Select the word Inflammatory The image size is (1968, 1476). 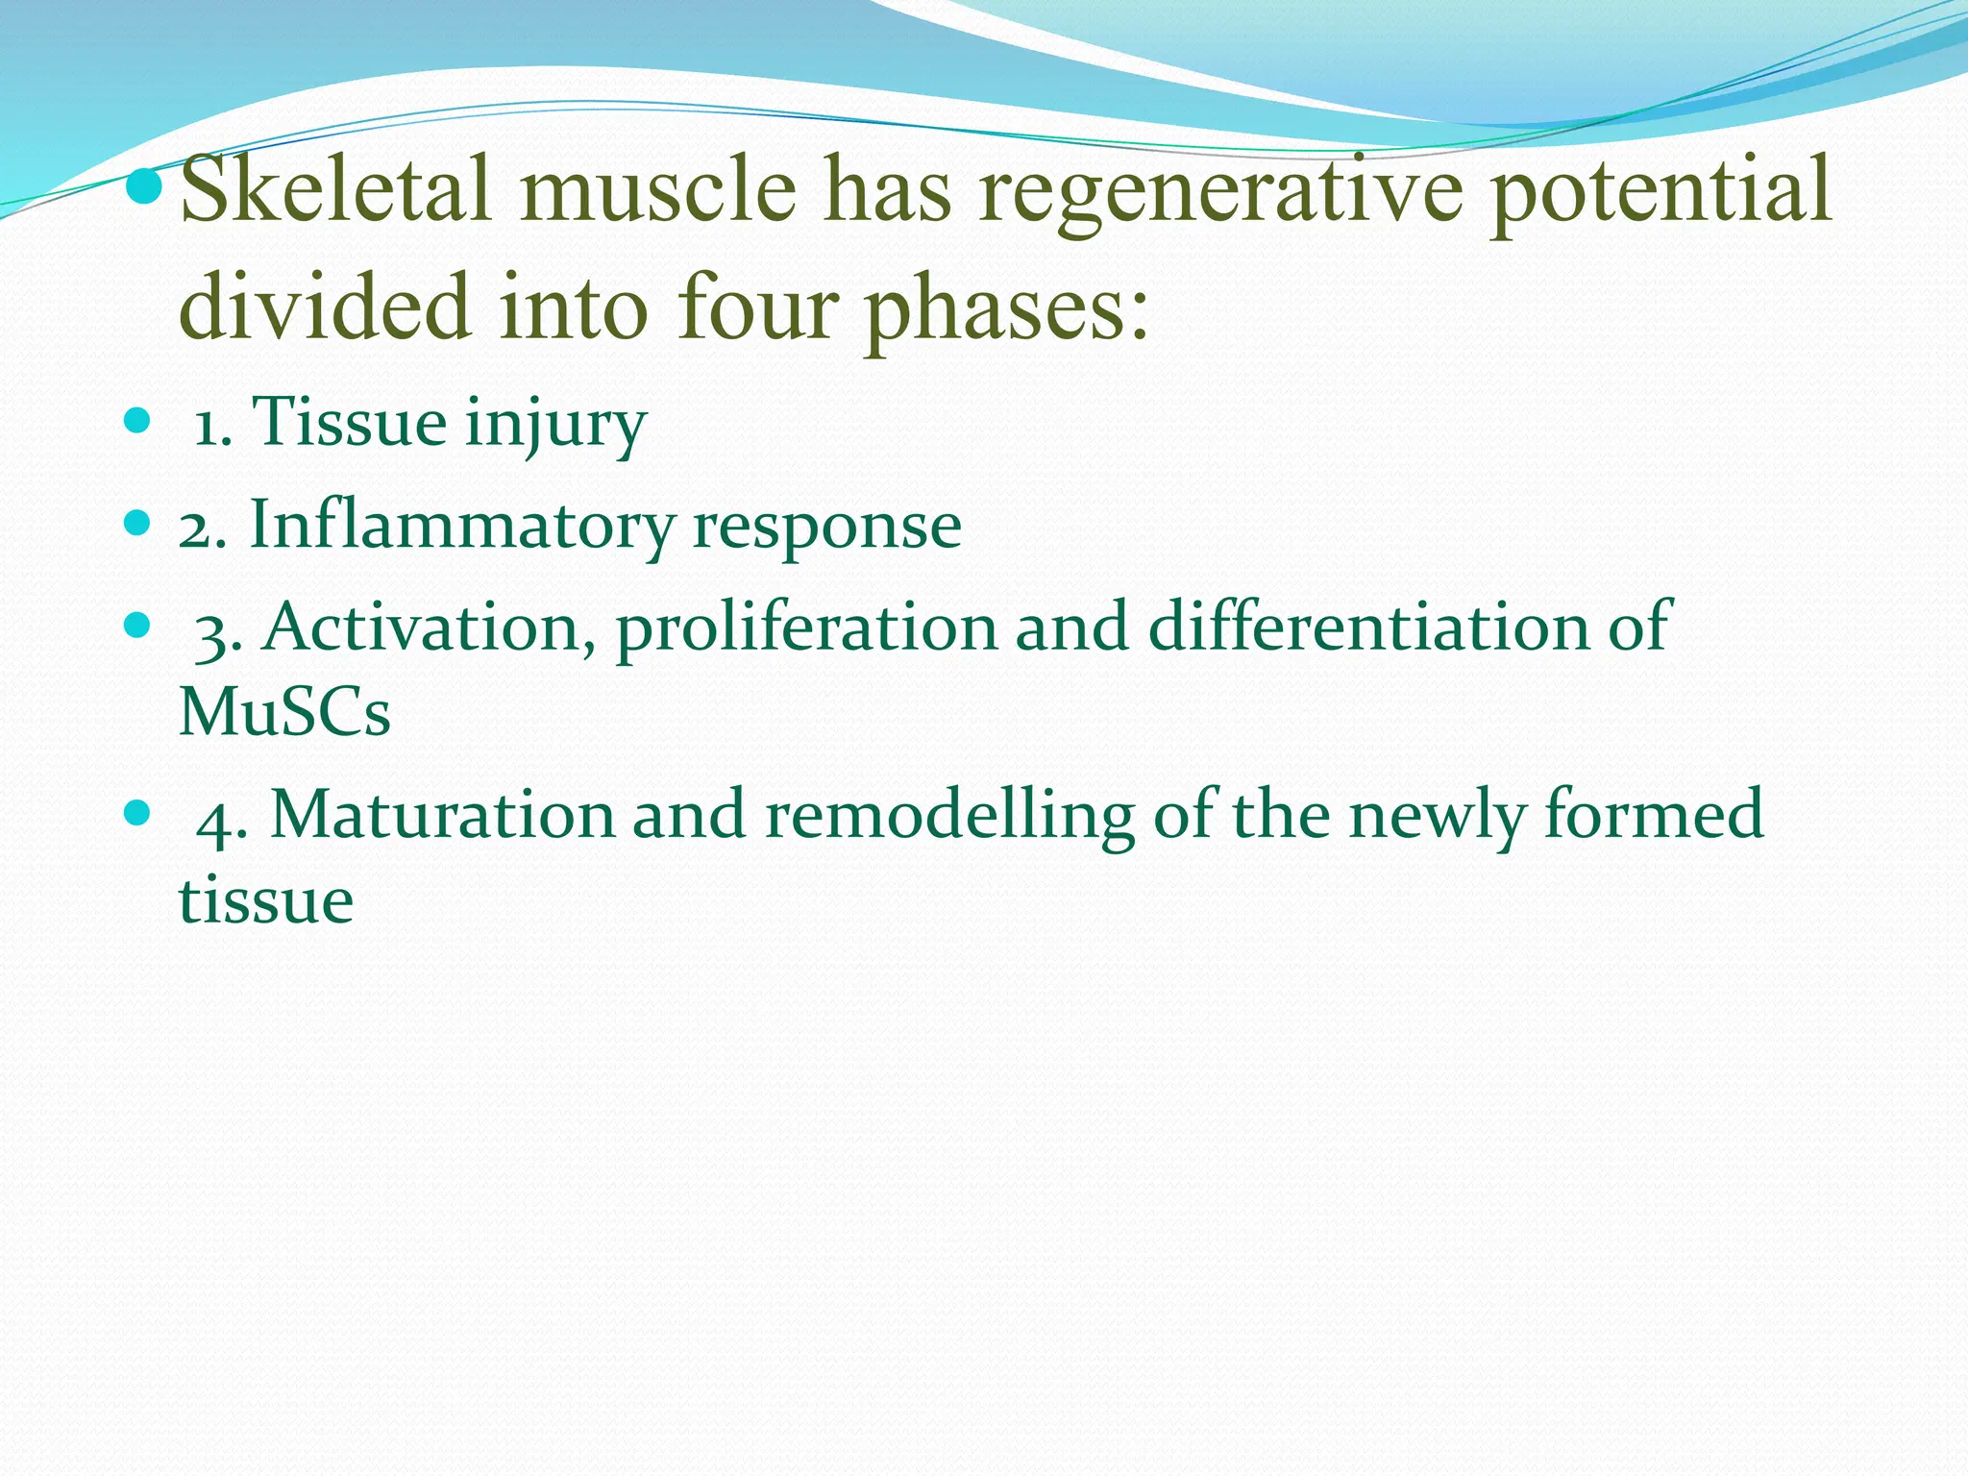click(461, 527)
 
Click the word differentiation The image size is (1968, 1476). click(1368, 627)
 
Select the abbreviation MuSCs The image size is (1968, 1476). click(285, 712)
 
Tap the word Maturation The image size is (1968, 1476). click(441, 815)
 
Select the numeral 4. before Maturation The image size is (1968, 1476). click(222, 821)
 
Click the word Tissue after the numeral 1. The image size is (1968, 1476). click(349, 422)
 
